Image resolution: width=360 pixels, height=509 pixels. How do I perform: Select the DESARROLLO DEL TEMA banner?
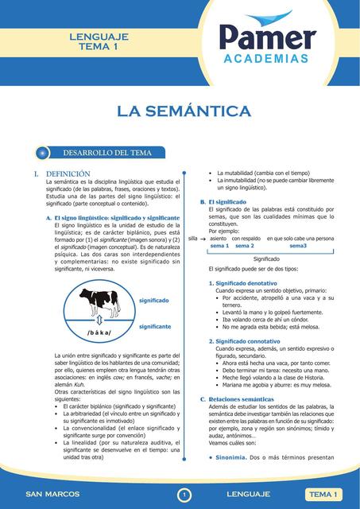pyautogui.click(x=107, y=153)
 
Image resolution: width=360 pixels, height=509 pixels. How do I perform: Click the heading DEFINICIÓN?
pyautogui.click(x=68, y=173)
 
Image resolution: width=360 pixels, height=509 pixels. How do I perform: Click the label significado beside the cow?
pyautogui.click(x=153, y=301)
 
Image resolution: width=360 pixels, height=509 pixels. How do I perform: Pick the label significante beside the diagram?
pyautogui.click(x=155, y=327)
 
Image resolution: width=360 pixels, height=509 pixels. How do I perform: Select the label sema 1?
pyautogui.click(x=219, y=247)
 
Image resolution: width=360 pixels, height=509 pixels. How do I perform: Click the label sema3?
pyautogui.click(x=298, y=247)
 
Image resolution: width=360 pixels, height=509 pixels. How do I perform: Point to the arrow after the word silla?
pyautogui.click(x=203, y=239)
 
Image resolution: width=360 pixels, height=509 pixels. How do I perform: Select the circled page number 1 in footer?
pyautogui.click(x=184, y=495)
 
